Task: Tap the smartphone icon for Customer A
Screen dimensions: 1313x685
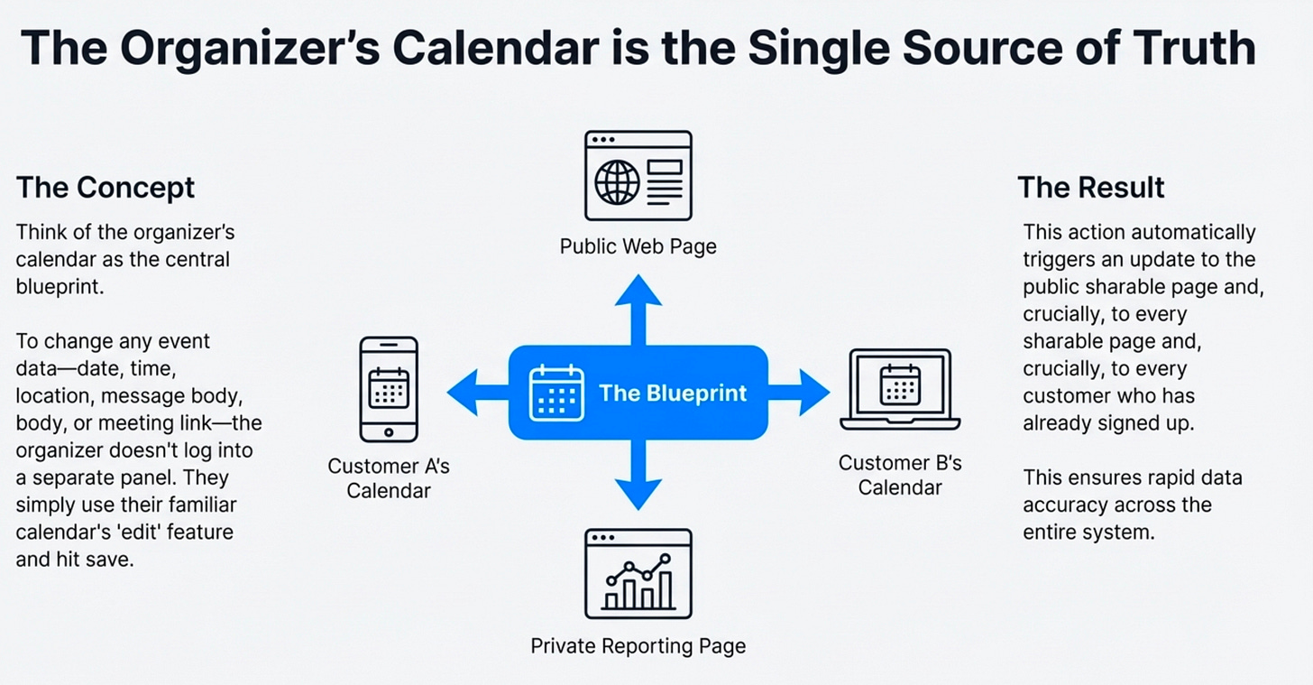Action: (389, 389)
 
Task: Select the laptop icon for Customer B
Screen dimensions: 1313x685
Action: (900, 390)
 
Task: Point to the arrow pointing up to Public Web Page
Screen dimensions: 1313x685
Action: (638, 307)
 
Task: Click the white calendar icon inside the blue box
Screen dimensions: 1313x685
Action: (556, 393)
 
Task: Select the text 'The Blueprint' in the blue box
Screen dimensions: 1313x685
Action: (673, 393)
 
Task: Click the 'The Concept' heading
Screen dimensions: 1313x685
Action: (106, 188)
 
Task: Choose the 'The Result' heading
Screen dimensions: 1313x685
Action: (1091, 187)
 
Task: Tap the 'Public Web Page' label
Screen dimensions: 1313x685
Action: (638, 246)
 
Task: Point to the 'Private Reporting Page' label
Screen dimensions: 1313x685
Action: (638, 646)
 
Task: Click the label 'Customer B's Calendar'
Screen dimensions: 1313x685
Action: (900, 476)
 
